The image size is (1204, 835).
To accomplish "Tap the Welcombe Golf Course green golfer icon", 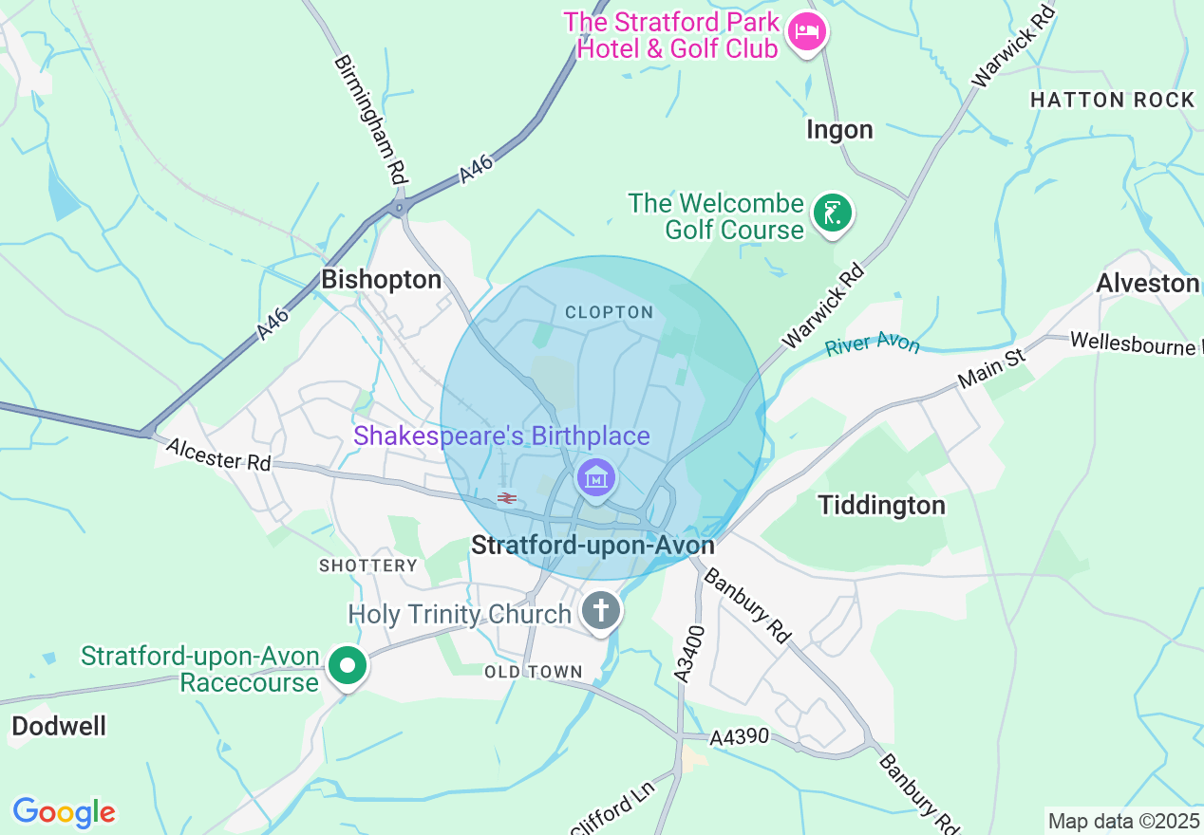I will [833, 213].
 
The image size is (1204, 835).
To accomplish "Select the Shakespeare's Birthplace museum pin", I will [595, 477].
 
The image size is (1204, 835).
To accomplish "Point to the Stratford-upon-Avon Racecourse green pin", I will [348, 665].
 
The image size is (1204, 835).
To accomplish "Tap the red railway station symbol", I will [506, 497].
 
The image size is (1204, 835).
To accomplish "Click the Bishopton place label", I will [381, 280].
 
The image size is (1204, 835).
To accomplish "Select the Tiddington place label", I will [882, 505].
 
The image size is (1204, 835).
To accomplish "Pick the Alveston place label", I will [1147, 283].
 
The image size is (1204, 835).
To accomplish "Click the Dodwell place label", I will [59, 726].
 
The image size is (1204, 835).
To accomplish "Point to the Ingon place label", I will [839, 129].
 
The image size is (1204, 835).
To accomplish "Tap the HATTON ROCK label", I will [1112, 100].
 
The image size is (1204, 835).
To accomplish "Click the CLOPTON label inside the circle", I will [609, 312].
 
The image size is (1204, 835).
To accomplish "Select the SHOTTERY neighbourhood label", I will [368, 566].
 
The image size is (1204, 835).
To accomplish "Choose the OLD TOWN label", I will [533, 672].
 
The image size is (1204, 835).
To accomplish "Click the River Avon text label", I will [873, 343].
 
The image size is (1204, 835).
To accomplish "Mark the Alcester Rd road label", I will [218, 454].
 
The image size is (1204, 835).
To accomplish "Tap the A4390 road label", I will [739, 737].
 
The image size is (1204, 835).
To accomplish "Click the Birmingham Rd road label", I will [371, 119].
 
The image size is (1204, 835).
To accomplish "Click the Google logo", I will [64, 812].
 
